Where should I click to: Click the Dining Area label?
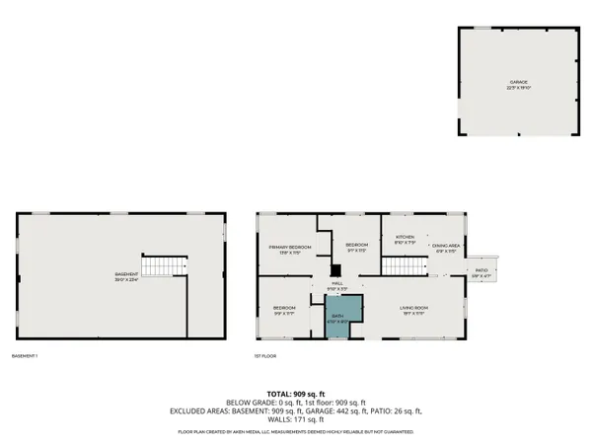[443, 249]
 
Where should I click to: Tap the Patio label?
[481, 272]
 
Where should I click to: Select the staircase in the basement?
[163, 264]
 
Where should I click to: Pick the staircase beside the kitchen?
[402, 265]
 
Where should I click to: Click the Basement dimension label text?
[126, 277]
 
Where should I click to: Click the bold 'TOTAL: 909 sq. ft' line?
[295, 393]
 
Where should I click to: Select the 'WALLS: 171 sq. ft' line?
[295, 419]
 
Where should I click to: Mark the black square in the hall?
[334, 269]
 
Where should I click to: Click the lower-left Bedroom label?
[285, 311]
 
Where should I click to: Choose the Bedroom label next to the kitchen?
[356, 247]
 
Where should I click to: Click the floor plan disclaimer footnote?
[295, 432]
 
